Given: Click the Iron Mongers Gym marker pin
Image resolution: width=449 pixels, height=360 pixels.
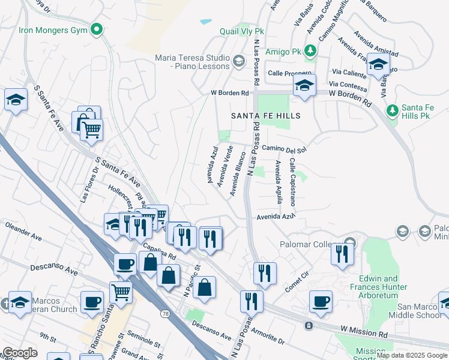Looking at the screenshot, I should click(96, 29).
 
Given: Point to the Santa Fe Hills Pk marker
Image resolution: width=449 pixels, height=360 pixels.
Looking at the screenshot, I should click(392, 110).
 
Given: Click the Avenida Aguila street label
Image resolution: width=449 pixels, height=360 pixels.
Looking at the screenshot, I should click(278, 182).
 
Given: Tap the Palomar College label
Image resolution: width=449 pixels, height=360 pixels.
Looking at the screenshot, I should click(310, 244).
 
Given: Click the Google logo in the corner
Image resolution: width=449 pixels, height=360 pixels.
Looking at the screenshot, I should click(19, 353).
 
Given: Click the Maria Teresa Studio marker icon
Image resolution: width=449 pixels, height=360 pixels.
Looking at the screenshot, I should click(239, 61).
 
